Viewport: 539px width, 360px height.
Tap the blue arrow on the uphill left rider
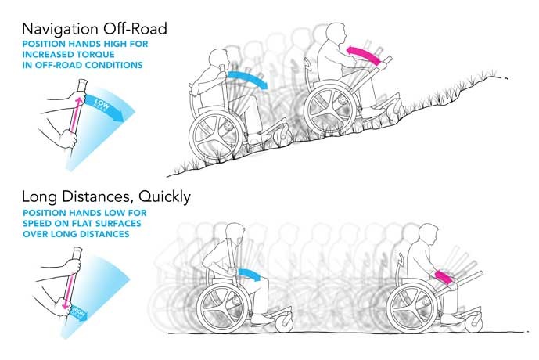point(250,79)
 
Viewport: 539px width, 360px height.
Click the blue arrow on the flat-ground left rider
point(251,273)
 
